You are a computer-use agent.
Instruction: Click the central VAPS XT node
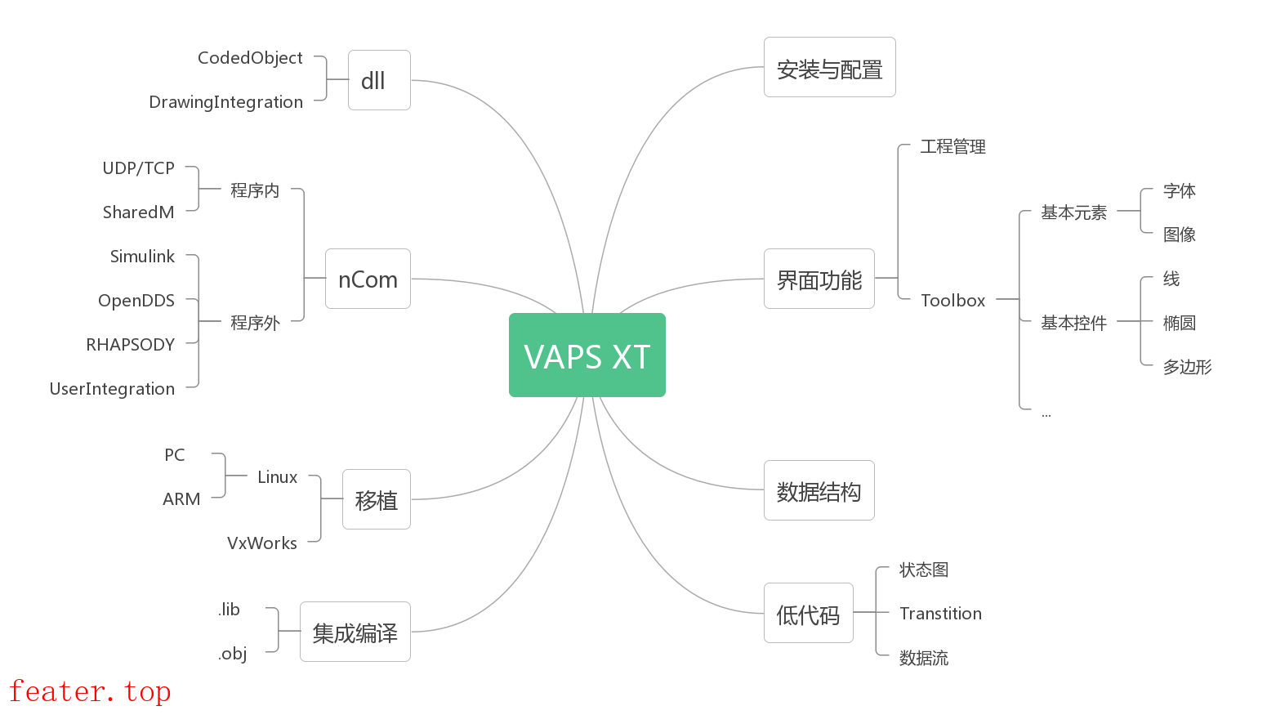[587, 355]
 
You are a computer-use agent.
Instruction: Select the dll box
[379, 80]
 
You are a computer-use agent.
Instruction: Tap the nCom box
[368, 279]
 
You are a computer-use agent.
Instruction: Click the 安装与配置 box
[829, 67]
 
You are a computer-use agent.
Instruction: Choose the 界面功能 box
[819, 279]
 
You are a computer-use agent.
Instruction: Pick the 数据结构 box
[819, 490]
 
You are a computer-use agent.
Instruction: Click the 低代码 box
[808, 613]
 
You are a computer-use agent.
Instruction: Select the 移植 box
[376, 499]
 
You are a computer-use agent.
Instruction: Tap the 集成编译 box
[355, 632]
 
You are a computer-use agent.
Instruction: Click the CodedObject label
[250, 58]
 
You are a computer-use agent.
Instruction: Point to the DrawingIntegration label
[225, 102]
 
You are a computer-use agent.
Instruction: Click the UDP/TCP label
[138, 168]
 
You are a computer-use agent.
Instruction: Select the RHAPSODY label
[131, 345]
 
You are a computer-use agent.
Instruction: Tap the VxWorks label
[261, 543]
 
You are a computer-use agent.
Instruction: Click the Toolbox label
[952, 301]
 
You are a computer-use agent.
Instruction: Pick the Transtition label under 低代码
[940, 614]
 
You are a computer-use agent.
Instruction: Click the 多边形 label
[1187, 367]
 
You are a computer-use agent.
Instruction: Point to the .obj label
[233, 654]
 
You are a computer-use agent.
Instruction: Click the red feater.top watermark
[90, 691]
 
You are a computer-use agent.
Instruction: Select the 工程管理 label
[952, 146]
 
